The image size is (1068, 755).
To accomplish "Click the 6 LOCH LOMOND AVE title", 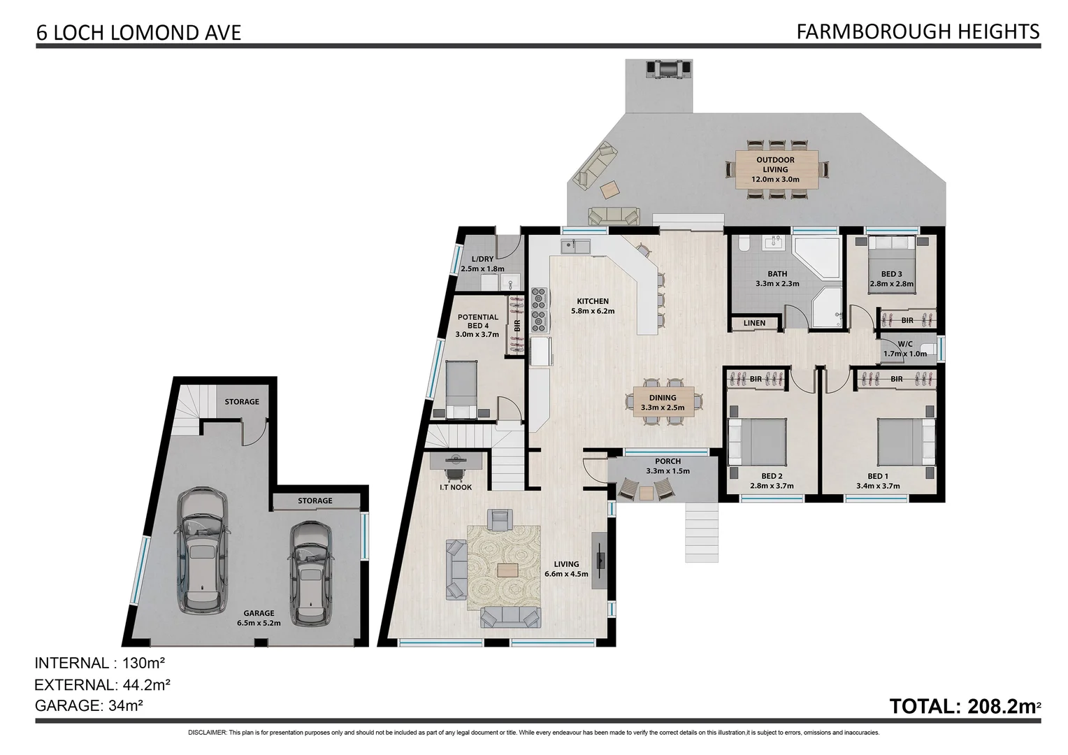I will [138, 33].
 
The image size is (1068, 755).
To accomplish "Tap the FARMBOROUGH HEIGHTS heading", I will [917, 31].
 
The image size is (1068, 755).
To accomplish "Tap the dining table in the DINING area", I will [663, 402].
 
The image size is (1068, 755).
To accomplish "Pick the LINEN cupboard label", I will [754, 324].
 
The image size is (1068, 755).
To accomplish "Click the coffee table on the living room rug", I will [508, 570].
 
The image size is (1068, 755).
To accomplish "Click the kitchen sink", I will [575, 247].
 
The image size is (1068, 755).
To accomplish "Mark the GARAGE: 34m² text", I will [89, 706].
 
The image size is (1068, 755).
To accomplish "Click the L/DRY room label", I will [482, 264].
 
